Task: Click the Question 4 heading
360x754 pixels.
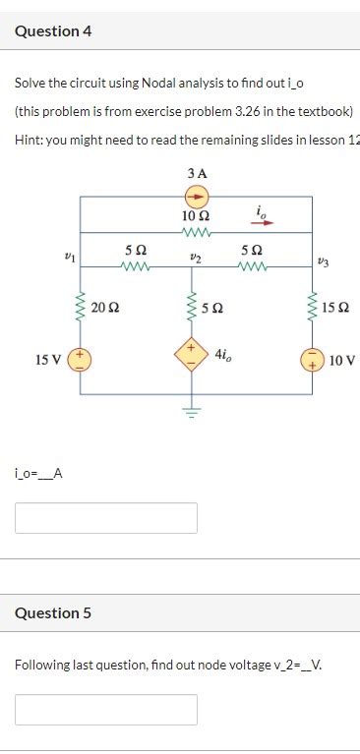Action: click(x=53, y=31)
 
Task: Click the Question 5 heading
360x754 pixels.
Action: click(x=53, y=613)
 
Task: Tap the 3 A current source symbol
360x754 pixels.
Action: click(x=196, y=196)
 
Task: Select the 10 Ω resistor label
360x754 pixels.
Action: click(x=196, y=214)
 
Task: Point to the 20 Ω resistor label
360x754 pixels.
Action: click(x=105, y=309)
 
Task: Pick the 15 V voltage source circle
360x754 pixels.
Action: click(x=80, y=360)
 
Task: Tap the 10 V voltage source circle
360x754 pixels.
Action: click(x=312, y=360)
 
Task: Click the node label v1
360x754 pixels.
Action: click(x=68, y=256)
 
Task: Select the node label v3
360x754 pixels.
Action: click(x=326, y=261)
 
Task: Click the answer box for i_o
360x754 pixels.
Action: click(x=106, y=518)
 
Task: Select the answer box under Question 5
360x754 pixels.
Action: click(x=106, y=709)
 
